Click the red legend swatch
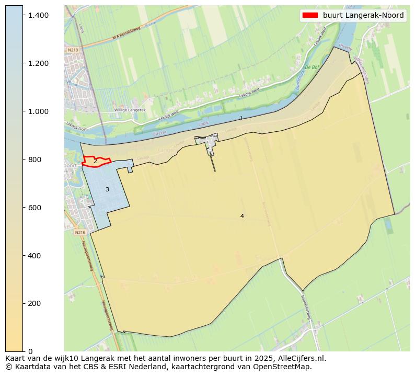[310, 16]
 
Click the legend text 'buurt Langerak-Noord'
[363, 16]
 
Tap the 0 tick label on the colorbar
[31, 351]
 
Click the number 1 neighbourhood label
[241, 119]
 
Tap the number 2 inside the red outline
[95, 162]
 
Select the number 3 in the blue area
[107, 189]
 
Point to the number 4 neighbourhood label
[242, 216]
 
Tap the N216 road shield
[79, 232]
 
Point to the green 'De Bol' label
[312, 67]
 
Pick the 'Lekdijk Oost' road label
[76, 126]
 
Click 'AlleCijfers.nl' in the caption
[301, 358]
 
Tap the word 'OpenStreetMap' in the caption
[286, 367]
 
